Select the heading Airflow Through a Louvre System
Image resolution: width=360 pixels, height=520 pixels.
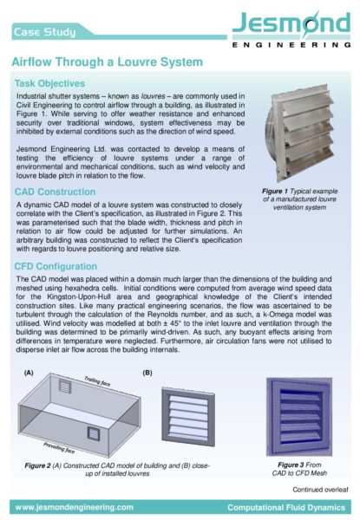107,63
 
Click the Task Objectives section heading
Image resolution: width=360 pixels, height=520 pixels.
53,82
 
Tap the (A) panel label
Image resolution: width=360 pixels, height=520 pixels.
29,373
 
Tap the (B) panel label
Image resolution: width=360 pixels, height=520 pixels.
147,373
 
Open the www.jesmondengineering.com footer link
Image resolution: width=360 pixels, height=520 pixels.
72,505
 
